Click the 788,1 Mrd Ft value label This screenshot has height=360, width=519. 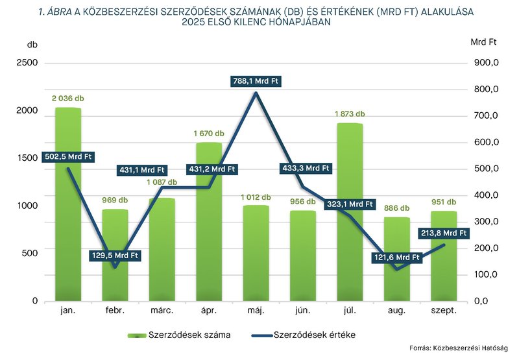[x=256, y=82]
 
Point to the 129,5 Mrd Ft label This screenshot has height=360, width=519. [x=115, y=256]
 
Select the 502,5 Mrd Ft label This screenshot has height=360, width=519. [x=68, y=156]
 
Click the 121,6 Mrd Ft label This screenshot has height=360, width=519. [x=397, y=258]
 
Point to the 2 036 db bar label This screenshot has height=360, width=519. [x=68, y=99]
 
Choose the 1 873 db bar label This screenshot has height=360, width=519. [x=350, y=114]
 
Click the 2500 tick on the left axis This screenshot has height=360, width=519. [x=28, y=63]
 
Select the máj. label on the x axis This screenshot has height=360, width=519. [x=256, y=311]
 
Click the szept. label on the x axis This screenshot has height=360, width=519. [x=444, y=311]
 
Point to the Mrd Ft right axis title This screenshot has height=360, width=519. [x=483, y=42]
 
